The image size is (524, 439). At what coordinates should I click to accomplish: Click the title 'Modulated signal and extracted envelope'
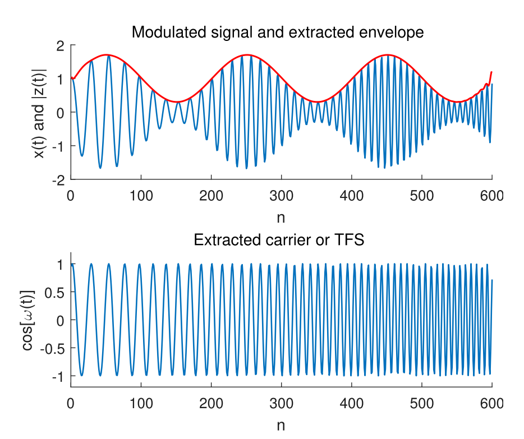point(277,33)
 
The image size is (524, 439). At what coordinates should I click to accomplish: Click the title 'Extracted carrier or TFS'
point(279,240)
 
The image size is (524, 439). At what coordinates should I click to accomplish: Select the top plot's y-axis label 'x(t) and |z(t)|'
point(39,112)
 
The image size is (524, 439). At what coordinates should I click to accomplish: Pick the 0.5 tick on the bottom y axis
point(57,292)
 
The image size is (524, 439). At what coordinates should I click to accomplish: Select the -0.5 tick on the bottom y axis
point(55,348)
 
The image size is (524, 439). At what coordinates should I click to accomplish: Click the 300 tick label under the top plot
point(281,196)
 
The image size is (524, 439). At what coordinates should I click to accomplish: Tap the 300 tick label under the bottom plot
point(281,403)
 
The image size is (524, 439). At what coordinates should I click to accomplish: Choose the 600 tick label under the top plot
point(492,196)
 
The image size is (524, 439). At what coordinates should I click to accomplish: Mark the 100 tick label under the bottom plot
point(141,403)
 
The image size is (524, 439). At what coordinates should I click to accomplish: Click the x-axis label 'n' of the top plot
point(281,217)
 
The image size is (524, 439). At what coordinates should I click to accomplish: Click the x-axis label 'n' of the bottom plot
point(281,424)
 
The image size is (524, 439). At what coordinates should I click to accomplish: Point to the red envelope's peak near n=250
point(246,55)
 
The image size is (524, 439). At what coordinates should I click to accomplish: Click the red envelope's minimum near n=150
point(177,102)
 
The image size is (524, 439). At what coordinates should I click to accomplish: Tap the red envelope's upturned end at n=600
point(491,72)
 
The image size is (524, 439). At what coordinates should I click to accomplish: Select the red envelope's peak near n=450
point(387,55)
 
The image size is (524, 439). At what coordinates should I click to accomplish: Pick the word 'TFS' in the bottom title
point(350,240)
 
